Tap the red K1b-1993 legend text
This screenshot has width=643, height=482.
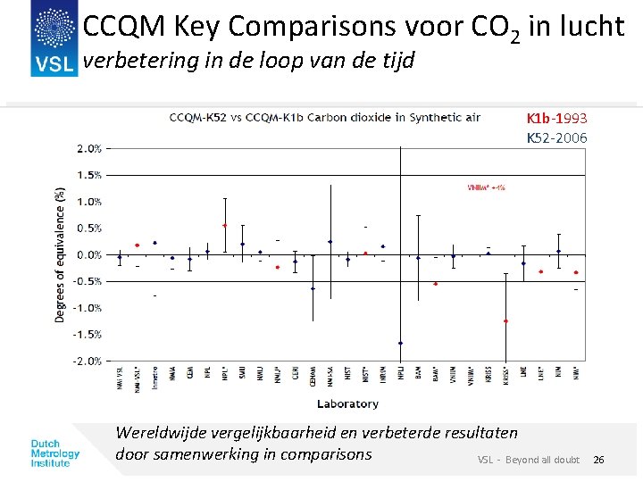tap(556, 118)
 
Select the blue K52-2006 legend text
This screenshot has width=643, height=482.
tap(556, 137)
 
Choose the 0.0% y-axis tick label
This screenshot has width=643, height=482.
tap(88, 255)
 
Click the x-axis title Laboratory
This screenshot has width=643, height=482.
tap(347, 403)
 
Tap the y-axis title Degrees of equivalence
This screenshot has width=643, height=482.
tap(60, 254)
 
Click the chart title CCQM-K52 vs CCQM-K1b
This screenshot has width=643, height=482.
tap(325, 117)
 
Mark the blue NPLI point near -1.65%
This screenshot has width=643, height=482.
tap(400, 343)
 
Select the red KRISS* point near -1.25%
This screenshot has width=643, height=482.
tap(505, 320)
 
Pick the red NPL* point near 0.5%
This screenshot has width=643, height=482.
tap(225, 226)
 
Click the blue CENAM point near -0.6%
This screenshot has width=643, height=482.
tap(313, 288)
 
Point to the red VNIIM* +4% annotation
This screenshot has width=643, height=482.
tap(487, 187)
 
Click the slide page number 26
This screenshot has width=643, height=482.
tap(598, 460)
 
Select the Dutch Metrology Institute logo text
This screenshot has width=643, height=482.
tap(55, 453)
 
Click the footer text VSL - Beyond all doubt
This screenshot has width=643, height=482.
tap(528, 460)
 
